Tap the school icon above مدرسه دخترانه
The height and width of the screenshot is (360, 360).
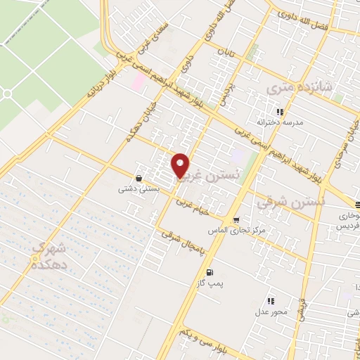280,112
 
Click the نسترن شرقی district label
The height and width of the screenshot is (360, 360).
291,202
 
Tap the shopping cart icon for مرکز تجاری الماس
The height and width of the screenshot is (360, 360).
236,219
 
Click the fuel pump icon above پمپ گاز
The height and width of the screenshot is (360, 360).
209,272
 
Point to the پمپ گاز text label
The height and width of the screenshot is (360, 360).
209,283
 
